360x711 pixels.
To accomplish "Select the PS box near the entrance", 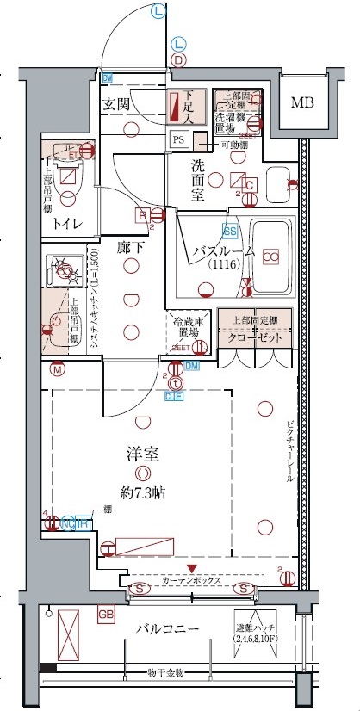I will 179,138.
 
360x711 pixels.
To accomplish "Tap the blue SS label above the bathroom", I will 230,231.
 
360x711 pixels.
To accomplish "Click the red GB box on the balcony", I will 106,615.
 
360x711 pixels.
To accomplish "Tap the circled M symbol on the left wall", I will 57,370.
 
